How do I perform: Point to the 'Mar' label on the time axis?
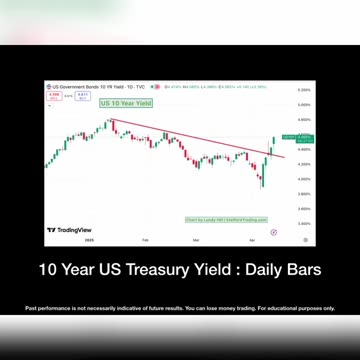tap(196, 240)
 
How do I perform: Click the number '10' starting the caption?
tap(47, 270)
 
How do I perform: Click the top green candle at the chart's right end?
tap(274, 140)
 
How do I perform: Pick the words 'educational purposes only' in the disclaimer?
tap(310, 307)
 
